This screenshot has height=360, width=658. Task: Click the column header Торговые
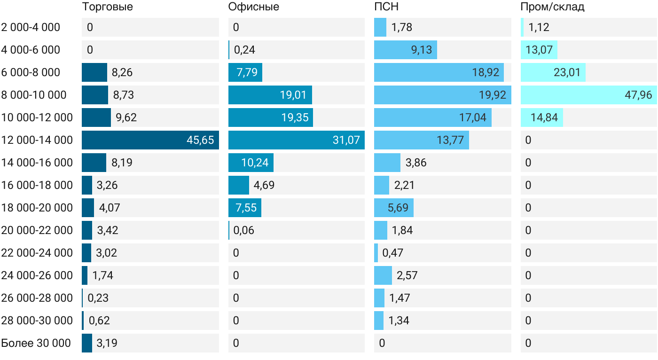(108, 7)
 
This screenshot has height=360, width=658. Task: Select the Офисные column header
(253, 7)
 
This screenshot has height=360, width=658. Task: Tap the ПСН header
(386, 7)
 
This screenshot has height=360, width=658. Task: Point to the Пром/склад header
(552, 7)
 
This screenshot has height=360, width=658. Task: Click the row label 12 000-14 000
(37, 140)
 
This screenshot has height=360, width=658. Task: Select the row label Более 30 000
(36, 343)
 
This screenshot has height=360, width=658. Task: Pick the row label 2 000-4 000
(31, 27)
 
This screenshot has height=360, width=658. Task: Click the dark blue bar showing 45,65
(150, 140)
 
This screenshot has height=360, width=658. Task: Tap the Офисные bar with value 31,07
(297, 140)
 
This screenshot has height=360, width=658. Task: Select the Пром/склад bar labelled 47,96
(588, 95)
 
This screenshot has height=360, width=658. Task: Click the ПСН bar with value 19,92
(443, 95)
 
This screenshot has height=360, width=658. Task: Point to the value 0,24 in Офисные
(244, 50)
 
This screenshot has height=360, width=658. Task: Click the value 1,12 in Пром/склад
(539, 27)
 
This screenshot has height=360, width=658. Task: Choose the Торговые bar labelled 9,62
(96, 117)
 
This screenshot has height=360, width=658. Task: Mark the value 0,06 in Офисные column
(243, 230)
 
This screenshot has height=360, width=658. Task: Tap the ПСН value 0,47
(393, 253)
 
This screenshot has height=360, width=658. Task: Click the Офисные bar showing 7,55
(245, 208)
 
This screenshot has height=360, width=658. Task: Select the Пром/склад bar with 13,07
(539, 50)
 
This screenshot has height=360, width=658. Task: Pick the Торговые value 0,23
(98, 298)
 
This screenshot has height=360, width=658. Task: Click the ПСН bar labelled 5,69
(394, 208)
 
